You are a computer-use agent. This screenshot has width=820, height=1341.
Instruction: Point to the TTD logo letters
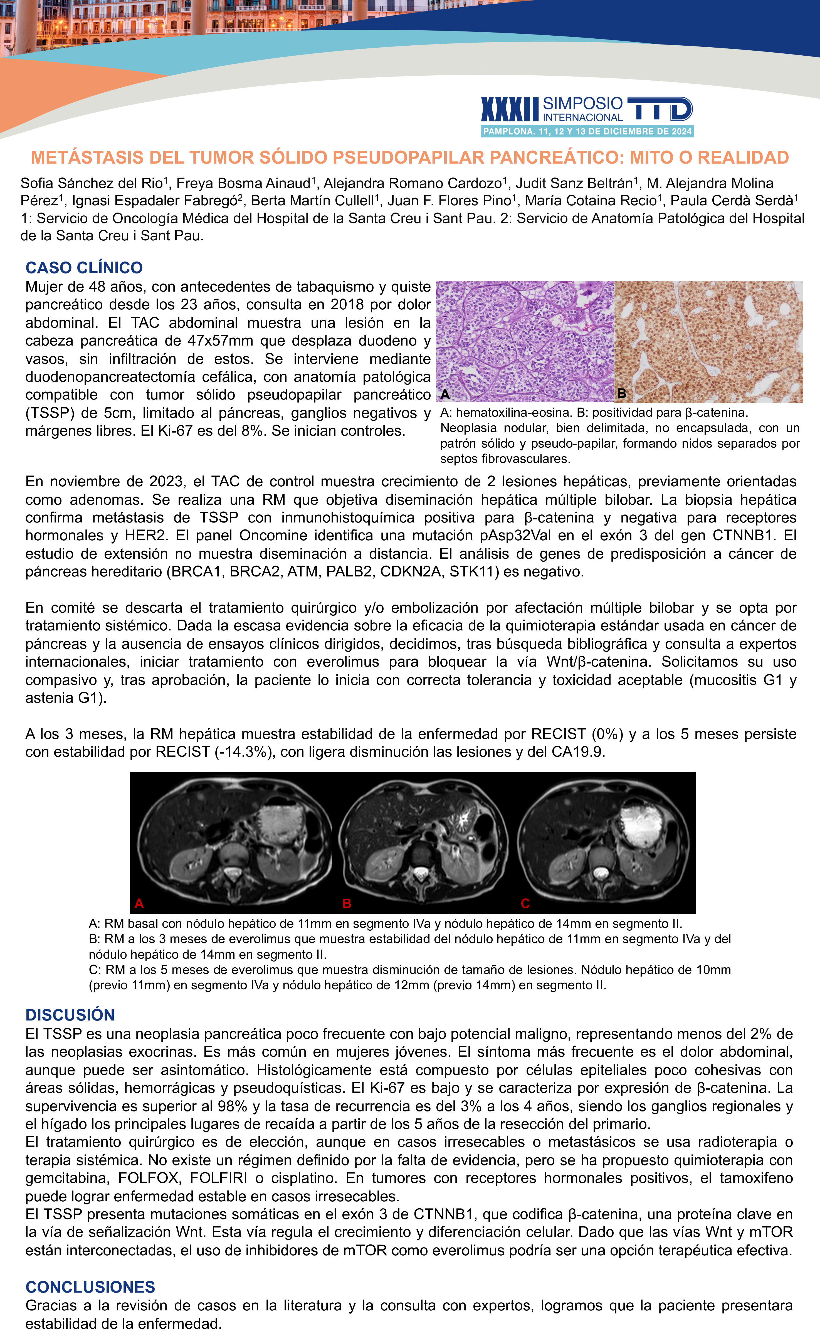(x=660, y=109)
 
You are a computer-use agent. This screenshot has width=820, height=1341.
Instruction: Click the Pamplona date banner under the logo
(x=587, y=131)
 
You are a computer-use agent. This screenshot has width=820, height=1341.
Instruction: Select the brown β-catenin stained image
(x=708, y=341)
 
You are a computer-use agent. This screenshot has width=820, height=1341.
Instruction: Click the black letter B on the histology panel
(x=621, y=393)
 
